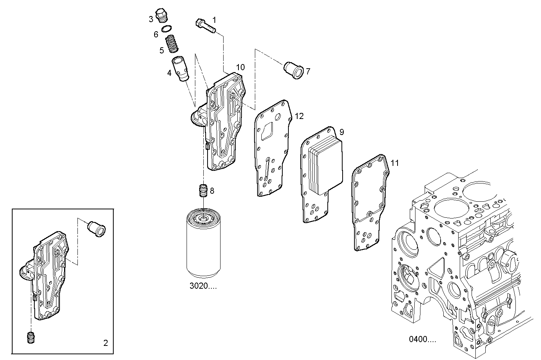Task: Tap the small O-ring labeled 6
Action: click(167, 29)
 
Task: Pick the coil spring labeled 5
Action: click(172, 43)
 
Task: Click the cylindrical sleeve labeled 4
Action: click(181, 68)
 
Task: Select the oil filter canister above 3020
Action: click(203, 244)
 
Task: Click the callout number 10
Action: click(240, 67)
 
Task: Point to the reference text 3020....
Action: click(203, 286)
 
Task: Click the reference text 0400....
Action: click(422, 339)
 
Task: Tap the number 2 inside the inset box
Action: click(105, 343)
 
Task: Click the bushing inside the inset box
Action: click(97, 228)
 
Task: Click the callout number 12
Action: click(299, 116)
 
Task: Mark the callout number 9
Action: click(341, 132)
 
